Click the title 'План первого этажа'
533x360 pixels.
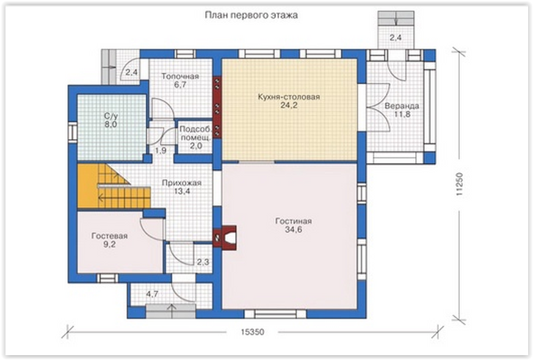click(251, 15)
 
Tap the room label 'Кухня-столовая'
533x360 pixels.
click(289, 97)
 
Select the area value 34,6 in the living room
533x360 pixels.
click(294, 229)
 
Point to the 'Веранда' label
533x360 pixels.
click(402, 106)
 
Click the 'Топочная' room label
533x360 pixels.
click(180, 76)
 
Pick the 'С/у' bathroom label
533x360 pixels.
click(111, 116)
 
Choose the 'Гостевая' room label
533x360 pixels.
click(109, 236)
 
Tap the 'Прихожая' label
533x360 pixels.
click(181, 182)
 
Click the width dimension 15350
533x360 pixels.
click(253, 332)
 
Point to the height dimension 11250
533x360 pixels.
click(460, 184)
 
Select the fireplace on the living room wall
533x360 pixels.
click(225, 237)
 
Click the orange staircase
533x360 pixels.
click(113, 186)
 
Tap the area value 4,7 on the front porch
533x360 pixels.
click(152, 293)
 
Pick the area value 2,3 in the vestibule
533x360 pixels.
click(203, 262)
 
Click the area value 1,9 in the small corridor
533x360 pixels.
click(161, 150)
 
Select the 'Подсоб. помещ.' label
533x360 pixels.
click(195, 133)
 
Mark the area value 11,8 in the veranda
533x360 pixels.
click(402, 114)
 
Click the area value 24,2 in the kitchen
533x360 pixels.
click(289, 106)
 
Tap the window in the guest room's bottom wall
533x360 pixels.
click(107, 278)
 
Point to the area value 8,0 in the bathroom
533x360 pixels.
click(111, 124)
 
